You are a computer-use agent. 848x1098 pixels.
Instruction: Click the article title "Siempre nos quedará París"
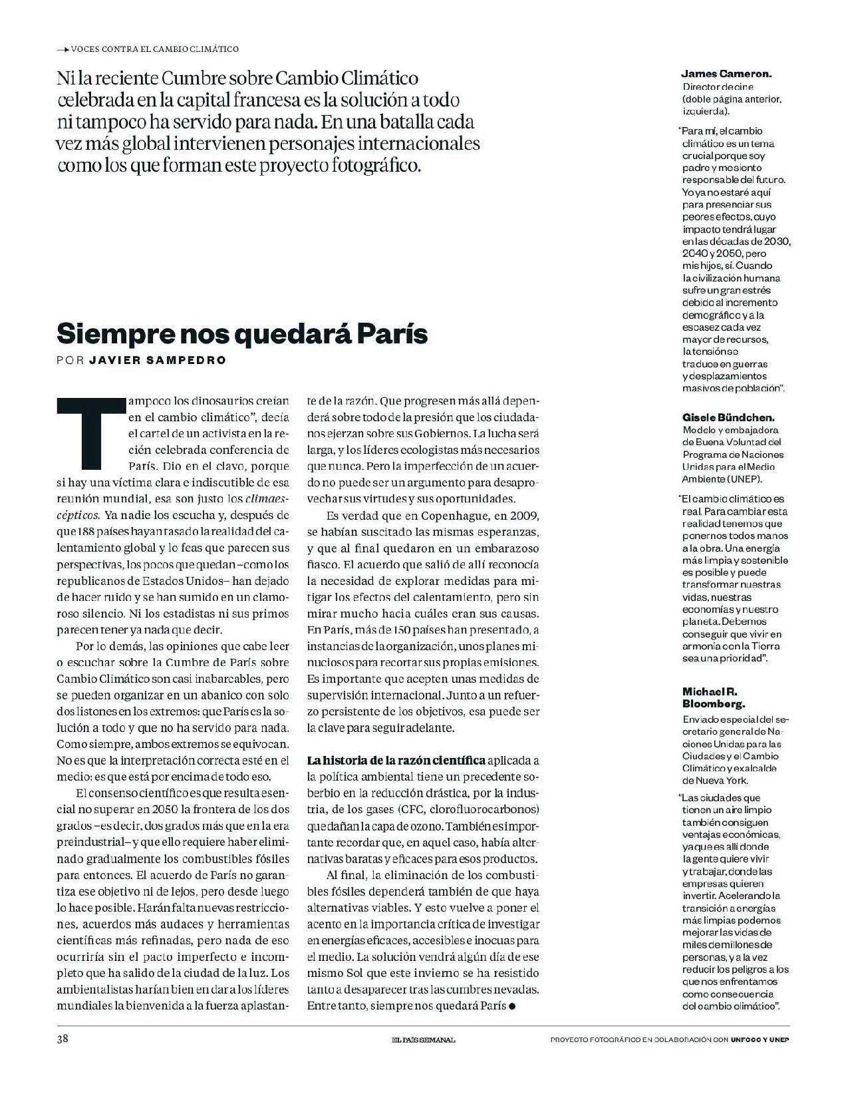click(241, 333)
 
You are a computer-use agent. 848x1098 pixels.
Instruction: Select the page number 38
click(63, 1039)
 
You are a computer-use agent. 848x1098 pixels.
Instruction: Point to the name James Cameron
click(726, 75)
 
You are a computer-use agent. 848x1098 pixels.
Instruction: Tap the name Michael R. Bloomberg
click(714, 697)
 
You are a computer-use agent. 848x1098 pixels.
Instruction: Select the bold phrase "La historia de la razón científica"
click(396, 760)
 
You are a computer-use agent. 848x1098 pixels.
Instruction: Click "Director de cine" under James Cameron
click(718, 87)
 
